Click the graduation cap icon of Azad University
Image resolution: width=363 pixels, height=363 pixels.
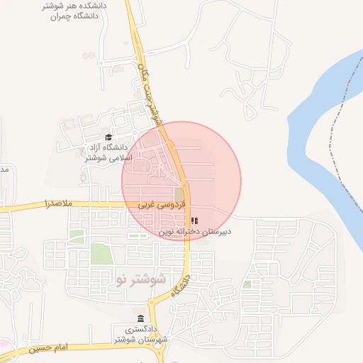tap(108, 138)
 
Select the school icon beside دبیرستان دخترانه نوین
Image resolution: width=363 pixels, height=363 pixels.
tap(195, 221)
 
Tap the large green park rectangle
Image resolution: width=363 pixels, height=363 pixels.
tap(101, 254)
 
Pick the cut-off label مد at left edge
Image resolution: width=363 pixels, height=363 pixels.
tap(4, 171)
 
